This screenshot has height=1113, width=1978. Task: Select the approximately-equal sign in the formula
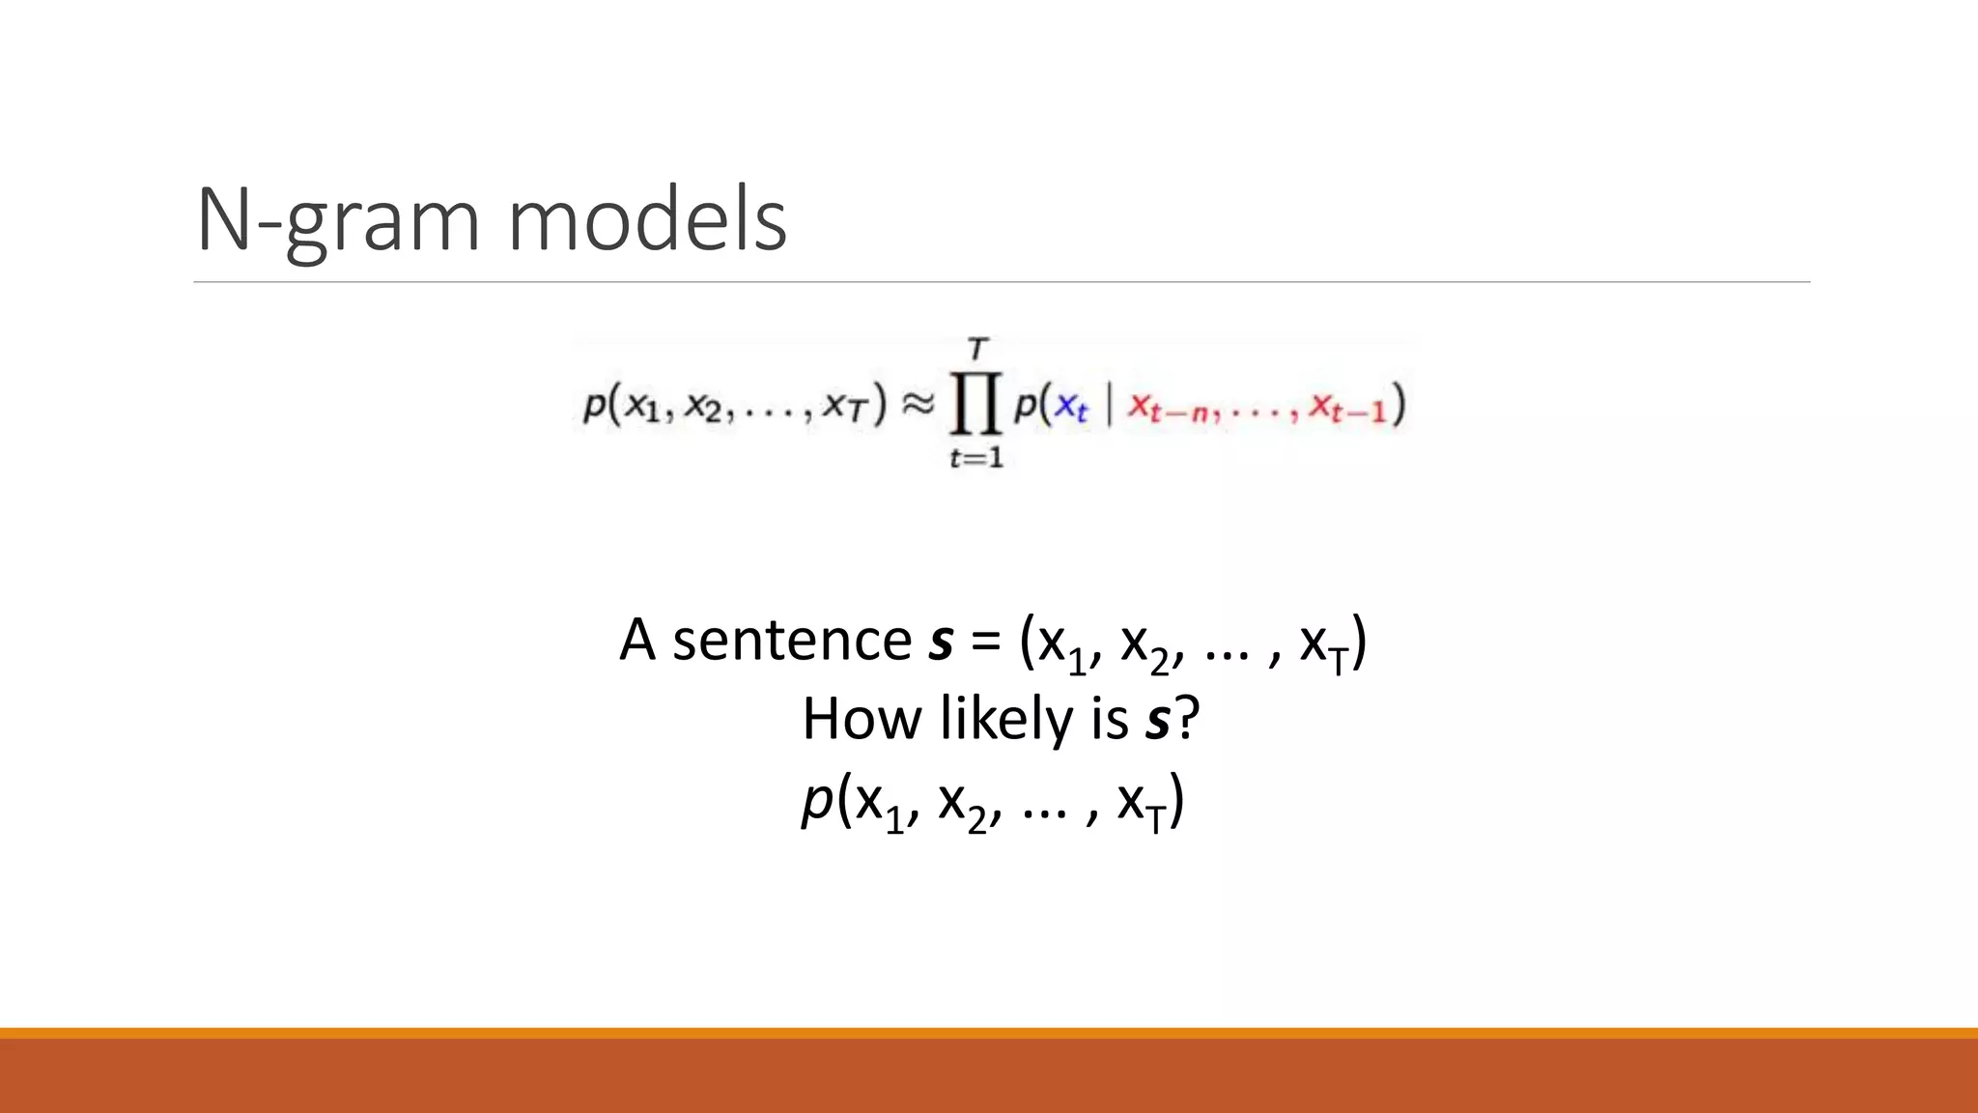point(918,405)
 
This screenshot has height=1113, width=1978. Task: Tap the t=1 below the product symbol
point(976,458)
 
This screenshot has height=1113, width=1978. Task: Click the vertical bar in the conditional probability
point(1109,407)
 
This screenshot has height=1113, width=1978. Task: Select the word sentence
point(792,640)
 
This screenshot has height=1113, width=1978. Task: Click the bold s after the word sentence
point(942,642)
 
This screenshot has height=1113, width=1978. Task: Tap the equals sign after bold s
point(985,642)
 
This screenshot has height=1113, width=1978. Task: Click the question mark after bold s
point(1187,720)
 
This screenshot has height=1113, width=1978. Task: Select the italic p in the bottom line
point(817,800)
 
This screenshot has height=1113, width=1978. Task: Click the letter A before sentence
point(637,640)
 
